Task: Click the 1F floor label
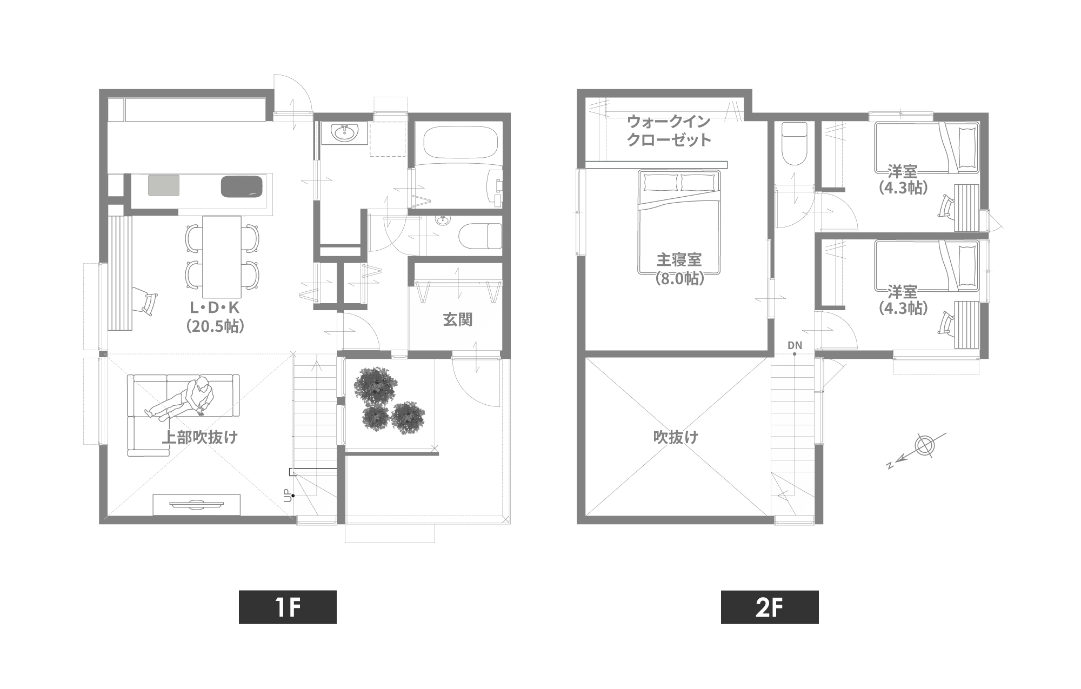coord(288,607)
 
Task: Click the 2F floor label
coord(770,607)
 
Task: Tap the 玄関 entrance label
coord(458,320)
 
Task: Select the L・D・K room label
coord(215,307)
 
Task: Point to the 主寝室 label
coord(679,260)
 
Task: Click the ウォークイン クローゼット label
coord(669,130)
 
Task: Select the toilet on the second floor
coord(794,143)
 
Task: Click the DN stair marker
coord(795,345)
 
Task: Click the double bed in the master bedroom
coord(679,222)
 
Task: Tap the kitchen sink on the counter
coord(242,186)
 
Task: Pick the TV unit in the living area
coord(197,505)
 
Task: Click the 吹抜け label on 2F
coord(676,437)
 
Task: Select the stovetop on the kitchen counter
coord(164,185)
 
